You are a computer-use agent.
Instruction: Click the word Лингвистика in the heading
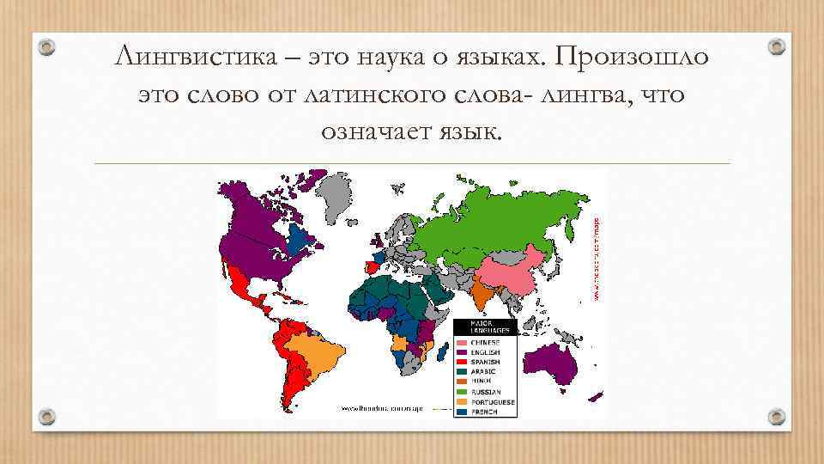(x=184, y=58)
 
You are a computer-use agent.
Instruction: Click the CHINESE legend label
(x=487, y=343)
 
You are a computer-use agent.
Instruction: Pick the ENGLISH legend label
(x=486, y=352)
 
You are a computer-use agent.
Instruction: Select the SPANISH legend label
(x=486, y=363)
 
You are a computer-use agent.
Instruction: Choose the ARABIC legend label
(x=485, y=372)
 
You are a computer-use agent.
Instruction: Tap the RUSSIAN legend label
(x=486, y=392)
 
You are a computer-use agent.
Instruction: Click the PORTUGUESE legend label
(x=492, y=401)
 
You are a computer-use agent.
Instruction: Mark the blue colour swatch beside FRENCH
(x=461, y=412)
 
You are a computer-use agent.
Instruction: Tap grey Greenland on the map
(x=337, y=192)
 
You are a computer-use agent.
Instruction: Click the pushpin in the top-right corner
(x=776, y=44)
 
